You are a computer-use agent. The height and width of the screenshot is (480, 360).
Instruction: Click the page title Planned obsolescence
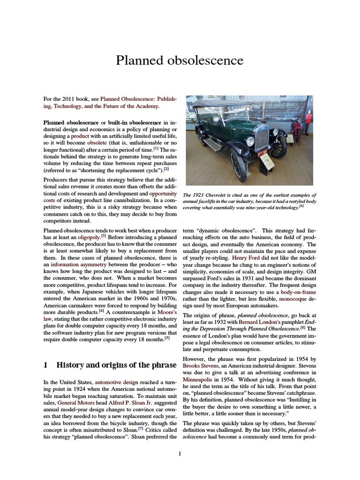coord(180,60)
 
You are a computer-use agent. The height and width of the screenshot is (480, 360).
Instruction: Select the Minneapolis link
coord(200,379)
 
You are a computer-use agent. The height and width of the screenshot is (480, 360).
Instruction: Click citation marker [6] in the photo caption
coord(302,207)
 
